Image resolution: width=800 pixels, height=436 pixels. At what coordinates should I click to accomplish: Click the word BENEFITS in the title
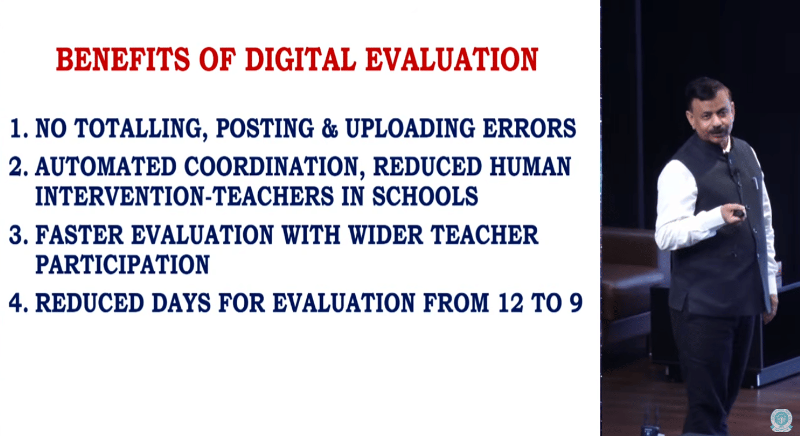coord(123,59)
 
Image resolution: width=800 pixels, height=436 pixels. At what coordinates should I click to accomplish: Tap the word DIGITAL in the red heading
coord(301,59)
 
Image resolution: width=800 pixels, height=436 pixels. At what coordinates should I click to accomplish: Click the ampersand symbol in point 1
coord(329,128)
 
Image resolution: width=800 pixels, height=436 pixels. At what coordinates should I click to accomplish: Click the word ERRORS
coord(529,128)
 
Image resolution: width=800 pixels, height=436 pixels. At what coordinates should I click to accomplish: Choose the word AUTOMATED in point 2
coord(106,167)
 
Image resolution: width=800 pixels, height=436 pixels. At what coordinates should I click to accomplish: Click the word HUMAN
coord(530,167)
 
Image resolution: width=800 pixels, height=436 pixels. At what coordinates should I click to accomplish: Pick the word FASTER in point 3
coord(79,235)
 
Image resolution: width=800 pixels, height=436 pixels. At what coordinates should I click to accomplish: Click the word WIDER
coord(385,235)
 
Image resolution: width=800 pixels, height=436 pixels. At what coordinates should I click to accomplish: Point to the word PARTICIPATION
coord(122,264)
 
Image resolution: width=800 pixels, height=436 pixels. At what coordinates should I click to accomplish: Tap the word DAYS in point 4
coord(181,303)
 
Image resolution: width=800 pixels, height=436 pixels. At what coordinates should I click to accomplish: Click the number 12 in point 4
coord(511,303)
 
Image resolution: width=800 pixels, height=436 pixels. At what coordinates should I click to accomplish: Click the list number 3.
coord(18,235)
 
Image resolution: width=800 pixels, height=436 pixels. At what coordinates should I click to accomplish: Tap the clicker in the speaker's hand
coord(739,214)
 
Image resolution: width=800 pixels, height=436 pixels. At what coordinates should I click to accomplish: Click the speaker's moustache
coord(718,131)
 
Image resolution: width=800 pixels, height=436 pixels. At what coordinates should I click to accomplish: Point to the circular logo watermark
coord(781,420)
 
